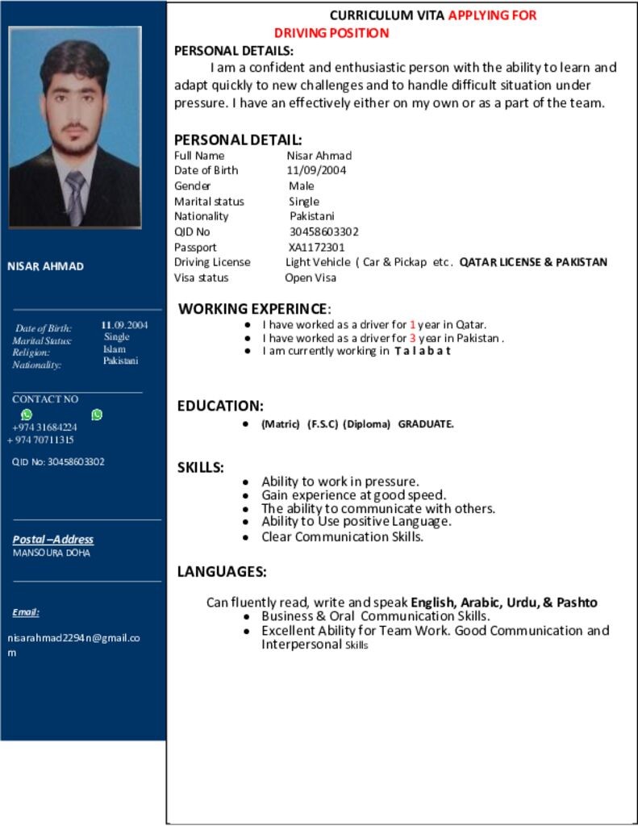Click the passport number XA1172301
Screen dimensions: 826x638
tap(316, 247)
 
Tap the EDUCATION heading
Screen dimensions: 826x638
tap(220, 406)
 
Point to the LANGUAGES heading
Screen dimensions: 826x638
tap(222, 572)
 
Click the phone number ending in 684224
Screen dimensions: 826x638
tap(44, 427)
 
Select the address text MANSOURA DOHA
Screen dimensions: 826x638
tap(52, 553)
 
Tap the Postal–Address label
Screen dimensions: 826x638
tap(53, 539)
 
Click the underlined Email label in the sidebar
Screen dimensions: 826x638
tap(26, 612)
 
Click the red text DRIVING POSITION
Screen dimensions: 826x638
tap(332, 33)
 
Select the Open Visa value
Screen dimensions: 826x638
tap(311, 277)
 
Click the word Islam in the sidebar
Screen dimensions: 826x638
tap(115, 349)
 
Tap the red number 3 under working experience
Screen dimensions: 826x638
tap(412, 338)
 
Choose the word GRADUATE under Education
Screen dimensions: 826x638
tap(426, 424)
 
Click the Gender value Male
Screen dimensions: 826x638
tap(302, 186)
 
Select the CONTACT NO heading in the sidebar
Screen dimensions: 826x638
tap(45, 399)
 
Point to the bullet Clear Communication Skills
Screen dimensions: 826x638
tap(342, 536)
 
